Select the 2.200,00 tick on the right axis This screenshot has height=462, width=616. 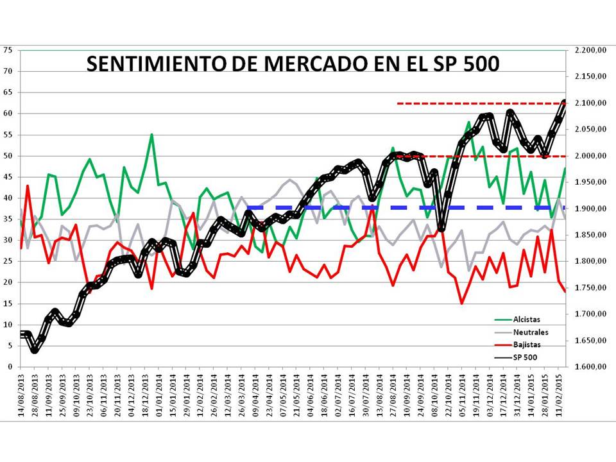[590, 50]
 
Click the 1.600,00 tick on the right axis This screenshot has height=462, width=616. [590, 367]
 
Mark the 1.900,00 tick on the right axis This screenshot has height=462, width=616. [590, 209]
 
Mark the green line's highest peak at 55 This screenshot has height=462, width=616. [151, 135]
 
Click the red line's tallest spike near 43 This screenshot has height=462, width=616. [28, 186]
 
